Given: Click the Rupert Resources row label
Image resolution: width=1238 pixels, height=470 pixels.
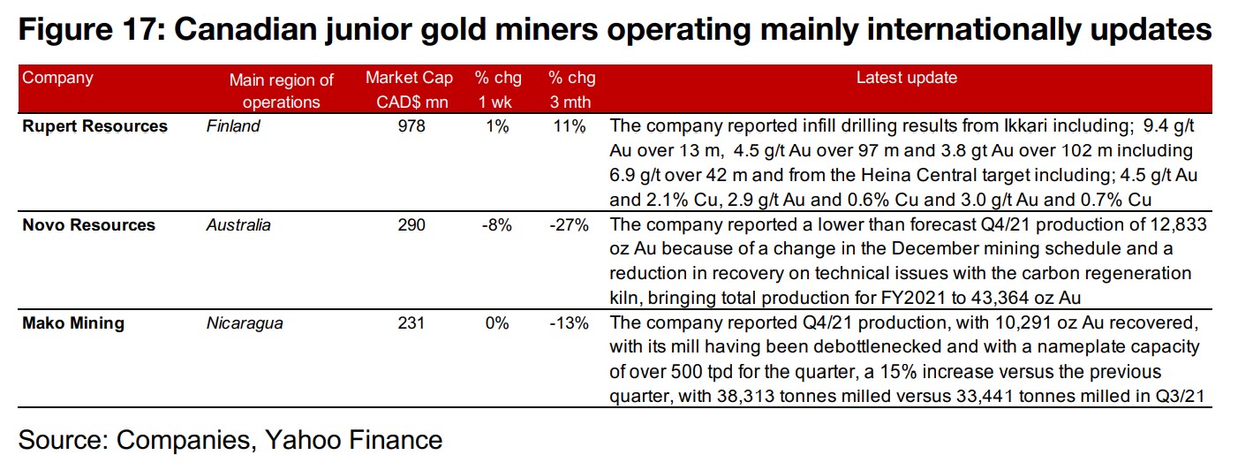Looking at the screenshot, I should click(94, 126).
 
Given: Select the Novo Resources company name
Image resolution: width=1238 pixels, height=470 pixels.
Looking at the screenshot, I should click(89, 225).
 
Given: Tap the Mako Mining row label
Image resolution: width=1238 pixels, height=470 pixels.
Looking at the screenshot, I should click(73, 323).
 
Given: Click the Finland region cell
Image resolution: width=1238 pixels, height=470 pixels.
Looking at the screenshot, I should click(233, 126).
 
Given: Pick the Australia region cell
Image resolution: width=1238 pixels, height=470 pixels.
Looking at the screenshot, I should click(238, 225).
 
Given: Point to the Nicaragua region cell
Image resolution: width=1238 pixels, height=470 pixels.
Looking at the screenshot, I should click(245, 323).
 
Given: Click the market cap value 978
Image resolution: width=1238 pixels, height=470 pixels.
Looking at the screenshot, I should click(411, 126).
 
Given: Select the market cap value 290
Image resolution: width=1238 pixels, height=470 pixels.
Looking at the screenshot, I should click(411, 225).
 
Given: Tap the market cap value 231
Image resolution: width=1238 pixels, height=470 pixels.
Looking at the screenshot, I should click(411, 323).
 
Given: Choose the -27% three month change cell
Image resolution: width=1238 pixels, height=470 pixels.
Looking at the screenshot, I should click(569, 225).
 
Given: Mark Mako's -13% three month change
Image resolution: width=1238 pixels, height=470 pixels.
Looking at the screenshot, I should click(569, 323).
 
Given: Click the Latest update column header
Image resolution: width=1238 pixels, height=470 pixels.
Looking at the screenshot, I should click(906, 78).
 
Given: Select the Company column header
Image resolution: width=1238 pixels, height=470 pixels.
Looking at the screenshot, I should click(57, 78).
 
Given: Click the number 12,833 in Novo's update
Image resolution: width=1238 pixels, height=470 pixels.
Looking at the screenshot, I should click(1173, 225).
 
